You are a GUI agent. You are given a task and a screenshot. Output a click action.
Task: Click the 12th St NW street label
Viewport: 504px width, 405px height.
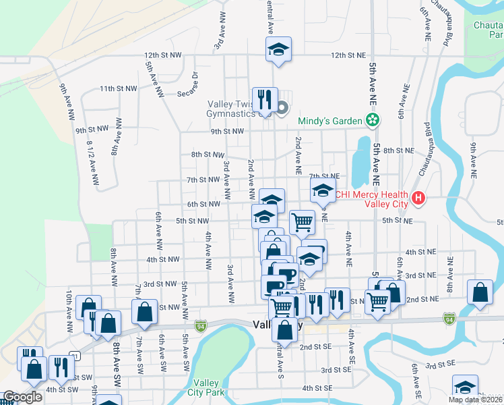coord(163,55)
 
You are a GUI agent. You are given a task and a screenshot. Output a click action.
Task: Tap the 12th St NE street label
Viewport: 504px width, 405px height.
coord(348,55)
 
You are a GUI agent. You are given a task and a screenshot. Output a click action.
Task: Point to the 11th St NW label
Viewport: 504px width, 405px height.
coord(118,88)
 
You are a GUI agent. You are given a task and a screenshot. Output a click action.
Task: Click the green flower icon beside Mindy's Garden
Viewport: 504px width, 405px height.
coord(371,120)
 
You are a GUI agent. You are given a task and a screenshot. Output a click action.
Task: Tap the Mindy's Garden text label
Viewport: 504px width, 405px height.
coord(329,122)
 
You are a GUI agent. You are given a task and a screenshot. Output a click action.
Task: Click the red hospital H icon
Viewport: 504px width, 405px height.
coord(418,198)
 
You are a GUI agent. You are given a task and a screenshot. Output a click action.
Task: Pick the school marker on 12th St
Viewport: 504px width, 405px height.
coord(277,50)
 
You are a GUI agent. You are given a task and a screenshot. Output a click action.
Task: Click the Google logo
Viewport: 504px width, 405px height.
coord(22,397)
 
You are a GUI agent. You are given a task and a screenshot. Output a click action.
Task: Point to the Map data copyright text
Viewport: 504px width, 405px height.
coord(476,400)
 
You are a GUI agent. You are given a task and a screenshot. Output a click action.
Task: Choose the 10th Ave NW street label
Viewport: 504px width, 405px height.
coord(69,310)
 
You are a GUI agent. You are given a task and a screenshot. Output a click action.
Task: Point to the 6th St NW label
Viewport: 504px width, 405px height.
coord(203,204)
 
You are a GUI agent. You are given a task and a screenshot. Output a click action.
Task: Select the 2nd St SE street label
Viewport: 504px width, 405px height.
coord(316,347)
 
